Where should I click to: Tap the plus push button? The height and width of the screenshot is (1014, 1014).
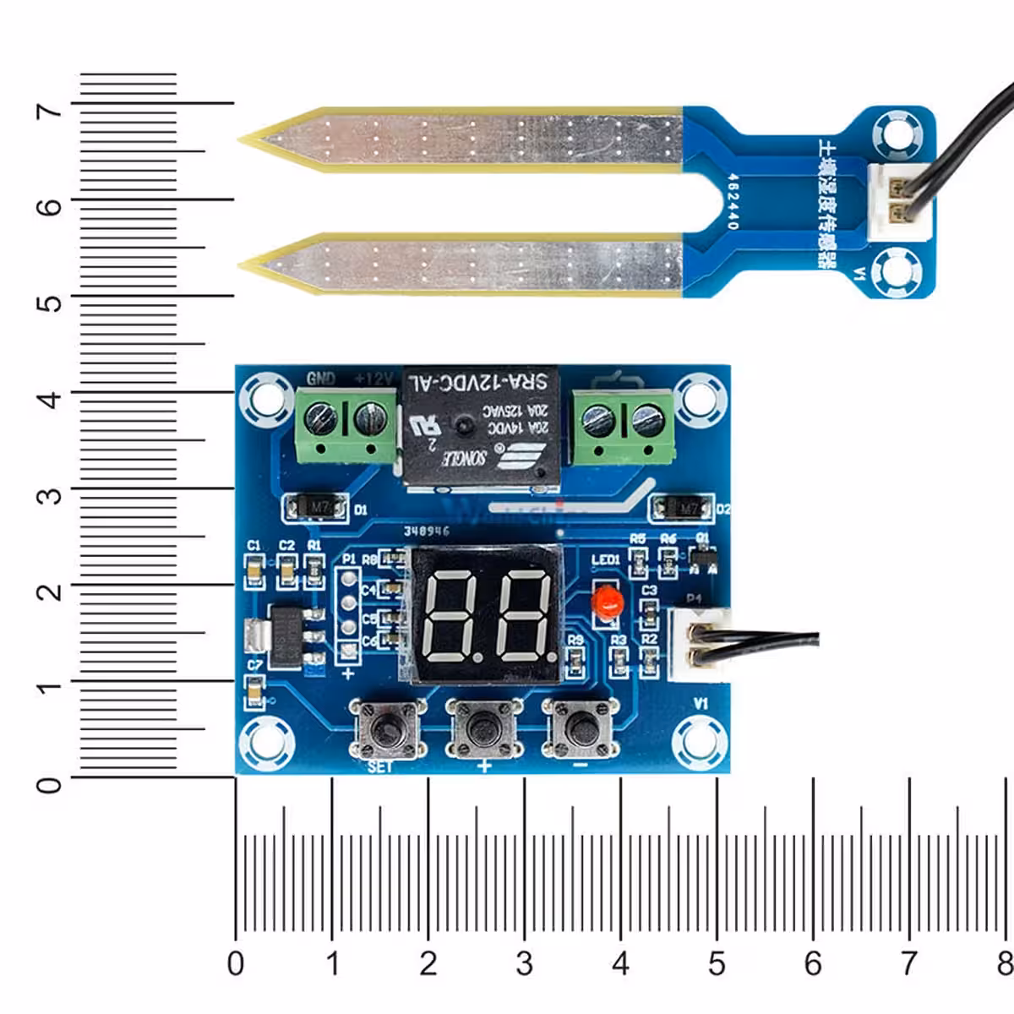point(482,728)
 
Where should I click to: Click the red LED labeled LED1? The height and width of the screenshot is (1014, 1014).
point(607,602)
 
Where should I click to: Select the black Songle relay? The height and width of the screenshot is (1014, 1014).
point(480,426)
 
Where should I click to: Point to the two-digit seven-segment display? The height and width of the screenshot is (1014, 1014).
point(485,615)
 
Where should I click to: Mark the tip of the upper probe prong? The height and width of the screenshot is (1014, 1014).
point(243,139)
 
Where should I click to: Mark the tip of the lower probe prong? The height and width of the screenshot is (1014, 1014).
point(243,265)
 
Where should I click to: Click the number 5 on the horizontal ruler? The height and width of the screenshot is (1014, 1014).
point(717,963)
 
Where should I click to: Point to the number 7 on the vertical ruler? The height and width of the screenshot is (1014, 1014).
point(50,111)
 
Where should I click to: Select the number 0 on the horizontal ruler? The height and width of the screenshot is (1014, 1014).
point(236,963)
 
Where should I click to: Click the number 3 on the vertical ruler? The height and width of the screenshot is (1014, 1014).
point(50,495)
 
